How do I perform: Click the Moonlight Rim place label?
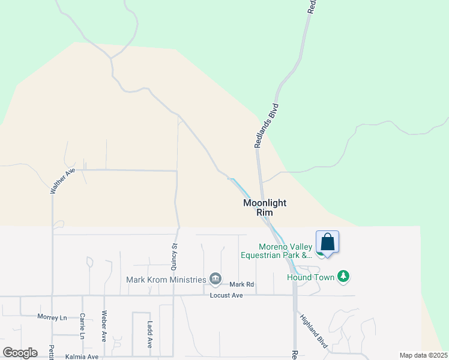click(265, 208)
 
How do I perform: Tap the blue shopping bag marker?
click(328, 242)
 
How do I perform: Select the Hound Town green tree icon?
click(343, 276)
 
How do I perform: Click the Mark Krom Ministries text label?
click(166, 280)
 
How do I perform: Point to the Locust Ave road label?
click(226, 296)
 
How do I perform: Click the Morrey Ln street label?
click(52, 317)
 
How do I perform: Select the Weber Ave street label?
click(104, 326)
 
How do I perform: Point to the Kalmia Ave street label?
click(82, 356)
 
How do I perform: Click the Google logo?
click(20, 353)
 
